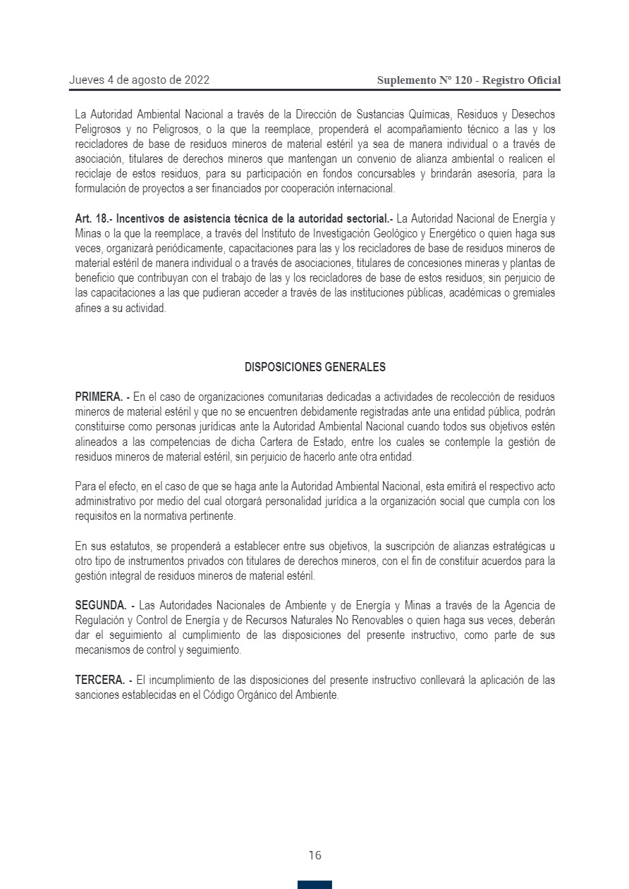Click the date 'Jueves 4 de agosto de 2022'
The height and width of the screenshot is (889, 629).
[x=139, y=80]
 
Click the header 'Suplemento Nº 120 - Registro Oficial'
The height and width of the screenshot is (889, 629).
[x=469, y=80]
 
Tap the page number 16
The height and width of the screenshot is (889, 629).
[x=314, y=855]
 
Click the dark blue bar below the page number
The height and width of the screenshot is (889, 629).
[x=314, y=885]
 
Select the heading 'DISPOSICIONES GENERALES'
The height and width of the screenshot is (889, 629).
[x=314, y=367]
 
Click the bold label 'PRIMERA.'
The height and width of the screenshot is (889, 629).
[x=99, y=397]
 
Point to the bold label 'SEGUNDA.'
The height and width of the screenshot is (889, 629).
[x=100, y=605]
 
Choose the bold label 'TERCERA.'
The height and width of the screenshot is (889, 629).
[x=99, y=680]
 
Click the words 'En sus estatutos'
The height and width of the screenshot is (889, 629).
[x=108, y=546]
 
